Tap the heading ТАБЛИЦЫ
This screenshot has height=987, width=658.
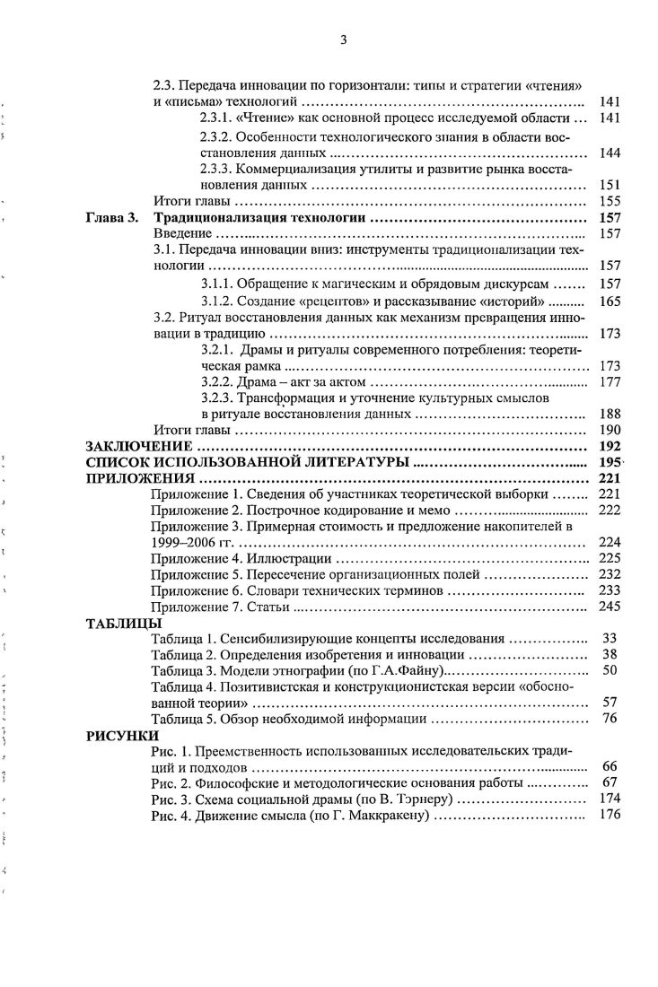point(123,623)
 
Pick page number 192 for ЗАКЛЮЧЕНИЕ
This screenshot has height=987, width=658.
point(610,446)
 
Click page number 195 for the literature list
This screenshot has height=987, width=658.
point(610,462)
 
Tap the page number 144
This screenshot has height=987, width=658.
point(610,153)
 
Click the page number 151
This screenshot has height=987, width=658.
point(610,185)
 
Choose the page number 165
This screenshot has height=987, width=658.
point(610,301)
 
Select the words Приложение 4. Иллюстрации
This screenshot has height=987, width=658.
point(224,558)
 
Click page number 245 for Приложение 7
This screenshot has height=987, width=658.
point(610,607)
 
